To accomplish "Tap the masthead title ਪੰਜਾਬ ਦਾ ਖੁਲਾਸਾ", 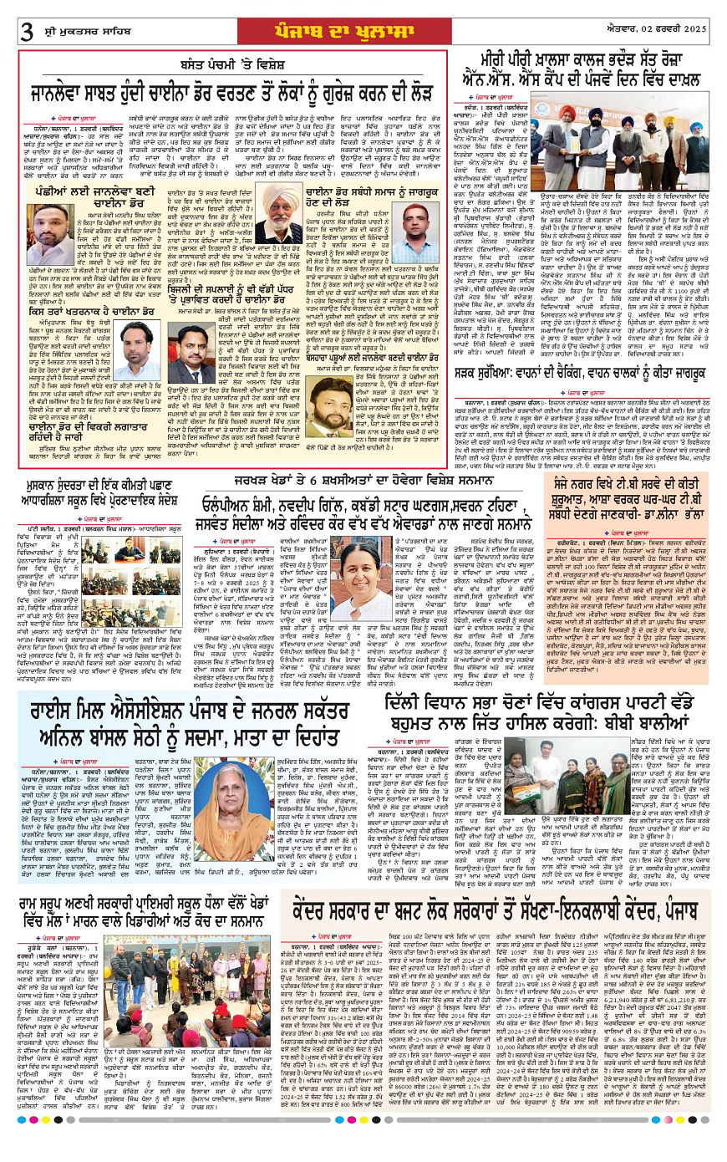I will click(365, 28).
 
